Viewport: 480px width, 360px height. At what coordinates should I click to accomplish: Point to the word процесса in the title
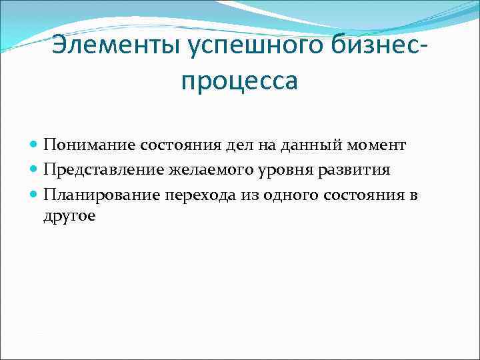pos(239,81)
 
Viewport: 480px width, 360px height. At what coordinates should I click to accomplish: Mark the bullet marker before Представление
pos(35,170)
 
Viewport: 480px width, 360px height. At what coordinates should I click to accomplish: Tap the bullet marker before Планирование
pos(35,195)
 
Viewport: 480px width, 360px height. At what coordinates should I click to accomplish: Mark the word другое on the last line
pos(70,217)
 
